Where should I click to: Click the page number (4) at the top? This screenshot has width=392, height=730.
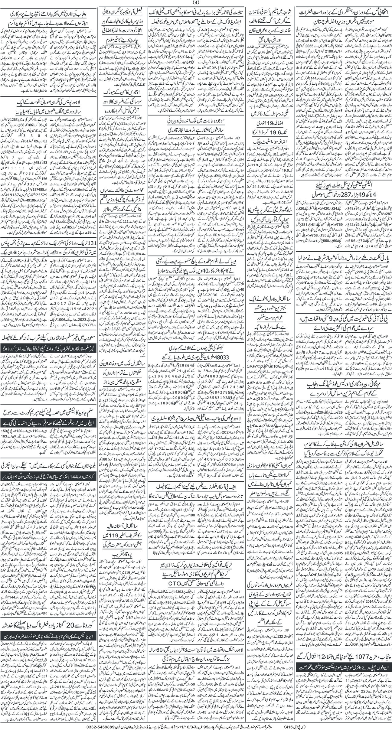pyautogui.click(x=196, y=3)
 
